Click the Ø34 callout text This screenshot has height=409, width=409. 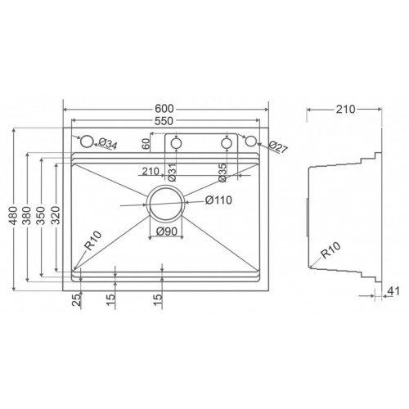[106, 146]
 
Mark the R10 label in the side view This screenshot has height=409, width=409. [331, 253]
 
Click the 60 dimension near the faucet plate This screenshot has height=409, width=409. [147, 144]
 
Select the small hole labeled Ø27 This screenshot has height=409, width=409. [251, 143]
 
